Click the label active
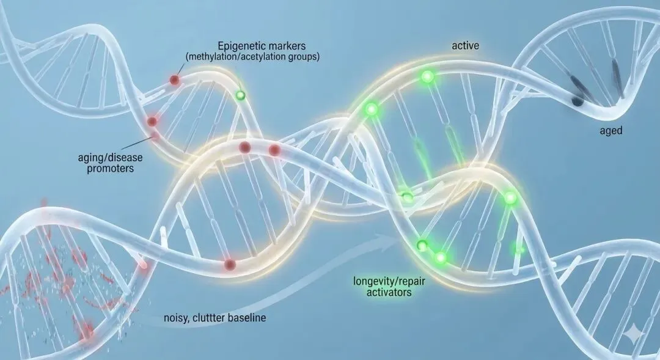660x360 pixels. pyautogui.click(x=465, y=46)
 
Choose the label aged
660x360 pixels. pyautogui.click(x=610, y=130)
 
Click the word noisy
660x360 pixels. pyautogui.click(x=178, y=318)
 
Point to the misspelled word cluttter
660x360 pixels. pyautogui.click(x=211, y=318)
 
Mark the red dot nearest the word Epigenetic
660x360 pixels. pyautogui.click(x=175, y=80)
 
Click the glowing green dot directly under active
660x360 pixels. pyautogui.click(x=427, y=77)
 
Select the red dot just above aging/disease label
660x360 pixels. pyautogui.click(x=153, y=122)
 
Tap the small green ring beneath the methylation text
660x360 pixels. pyautogui.click(x=241, y=95)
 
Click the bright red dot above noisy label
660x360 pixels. pyautogui.click(x=230, y=264)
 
